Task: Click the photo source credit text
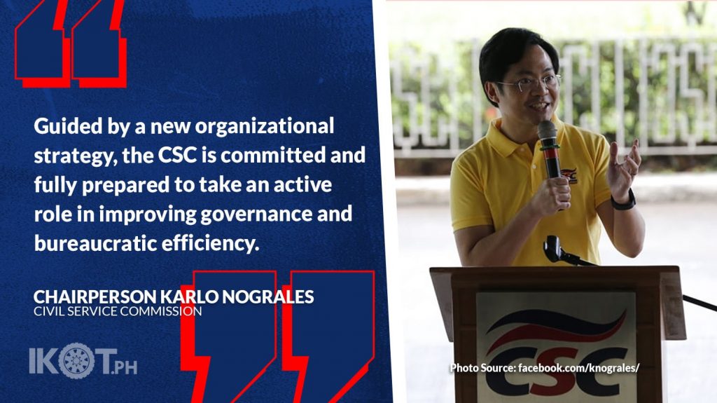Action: (x=545, y=368)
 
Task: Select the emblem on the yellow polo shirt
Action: (x=568, y=175)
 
